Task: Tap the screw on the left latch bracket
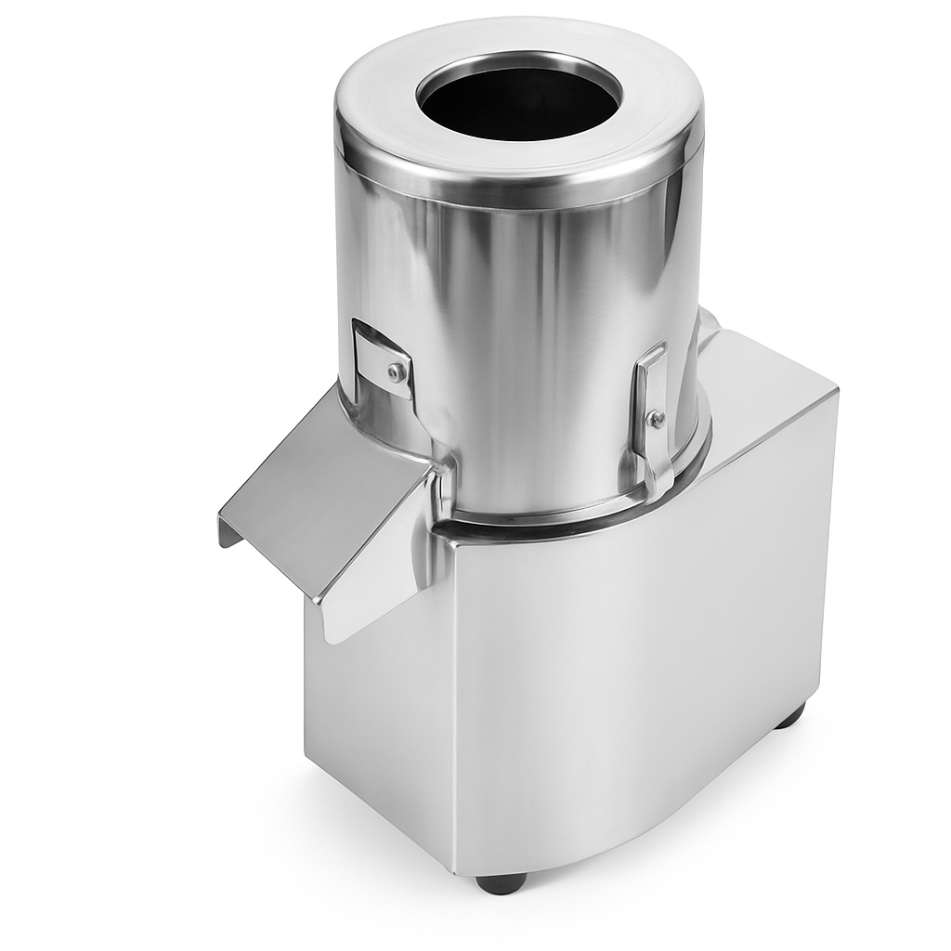(x=397, y=372)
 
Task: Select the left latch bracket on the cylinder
(x=383, y=358)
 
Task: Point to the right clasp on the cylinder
(x=653, y=409)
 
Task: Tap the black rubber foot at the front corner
(x=502, y=881)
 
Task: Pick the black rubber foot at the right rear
(x=790, y=715)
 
